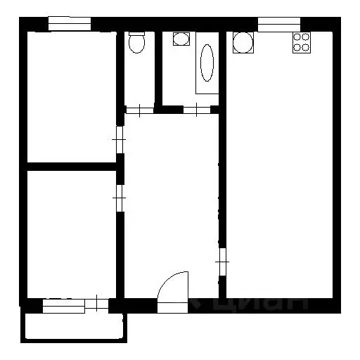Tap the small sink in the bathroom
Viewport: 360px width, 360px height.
tap(181, 39)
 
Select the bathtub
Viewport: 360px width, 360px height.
tap(207, 64)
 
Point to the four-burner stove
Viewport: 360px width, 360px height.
tap(302, 42)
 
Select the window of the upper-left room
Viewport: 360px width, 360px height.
tap(70, 24)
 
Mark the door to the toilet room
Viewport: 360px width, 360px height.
tap(139, 110)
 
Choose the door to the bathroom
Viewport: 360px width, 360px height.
tap(195, 110)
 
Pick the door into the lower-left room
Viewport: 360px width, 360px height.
tap(120, 198)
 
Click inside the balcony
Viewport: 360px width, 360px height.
tap(73, 327)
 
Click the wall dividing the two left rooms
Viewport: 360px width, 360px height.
tap(70, 167)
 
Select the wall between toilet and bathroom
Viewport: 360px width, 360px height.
tap(158, 70)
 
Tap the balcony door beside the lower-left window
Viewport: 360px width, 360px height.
tap(96, 305)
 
